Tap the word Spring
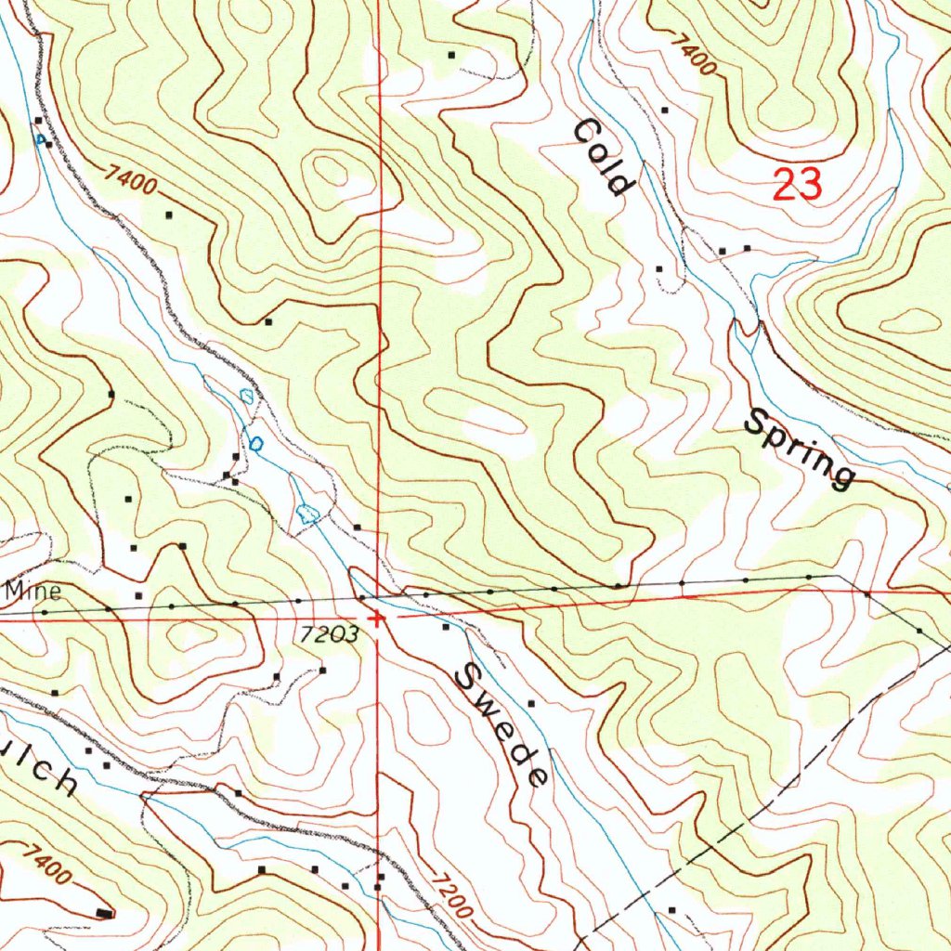point(799,449)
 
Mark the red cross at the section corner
point(376,619)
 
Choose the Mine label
point(33,591)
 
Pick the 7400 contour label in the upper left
point(131,178)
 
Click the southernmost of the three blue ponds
point(308,513)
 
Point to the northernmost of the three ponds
point(246,397)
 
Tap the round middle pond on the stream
point(255,444)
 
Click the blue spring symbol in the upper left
point(41,140)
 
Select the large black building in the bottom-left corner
point(105,914)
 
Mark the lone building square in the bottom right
point(671,910)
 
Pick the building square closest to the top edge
point(452,56)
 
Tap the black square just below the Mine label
point(138,594)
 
